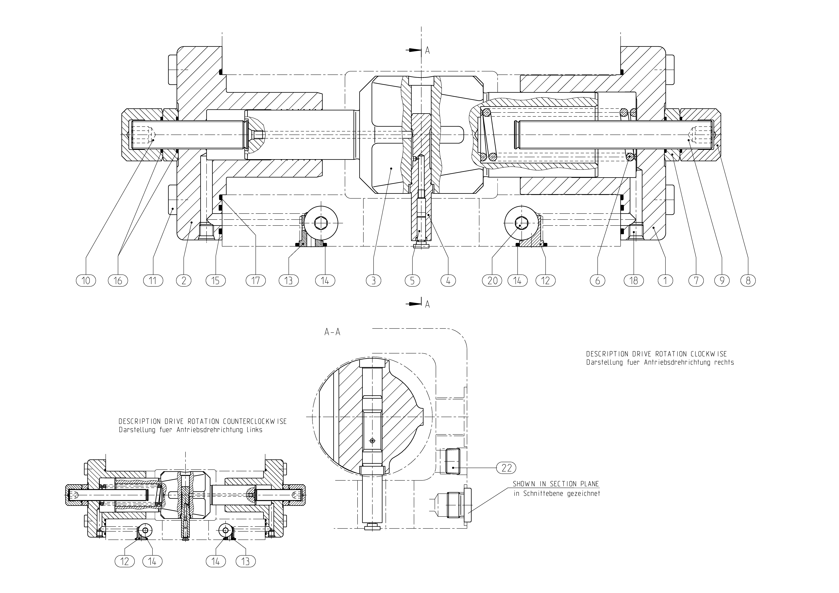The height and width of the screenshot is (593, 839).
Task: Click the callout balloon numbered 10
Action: pos(86,281)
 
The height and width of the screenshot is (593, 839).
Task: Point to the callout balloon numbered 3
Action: pos(374,281)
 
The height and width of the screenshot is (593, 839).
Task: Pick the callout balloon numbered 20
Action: pos(493,281)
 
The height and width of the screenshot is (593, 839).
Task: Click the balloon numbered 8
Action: pos(748,281)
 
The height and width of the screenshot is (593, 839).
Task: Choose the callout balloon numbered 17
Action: pos(255,281)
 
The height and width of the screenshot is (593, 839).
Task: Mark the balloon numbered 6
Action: pos(597,281)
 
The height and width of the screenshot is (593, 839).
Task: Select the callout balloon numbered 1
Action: pos(665,281)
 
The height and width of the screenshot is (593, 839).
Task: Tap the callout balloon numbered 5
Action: pos(413,281)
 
